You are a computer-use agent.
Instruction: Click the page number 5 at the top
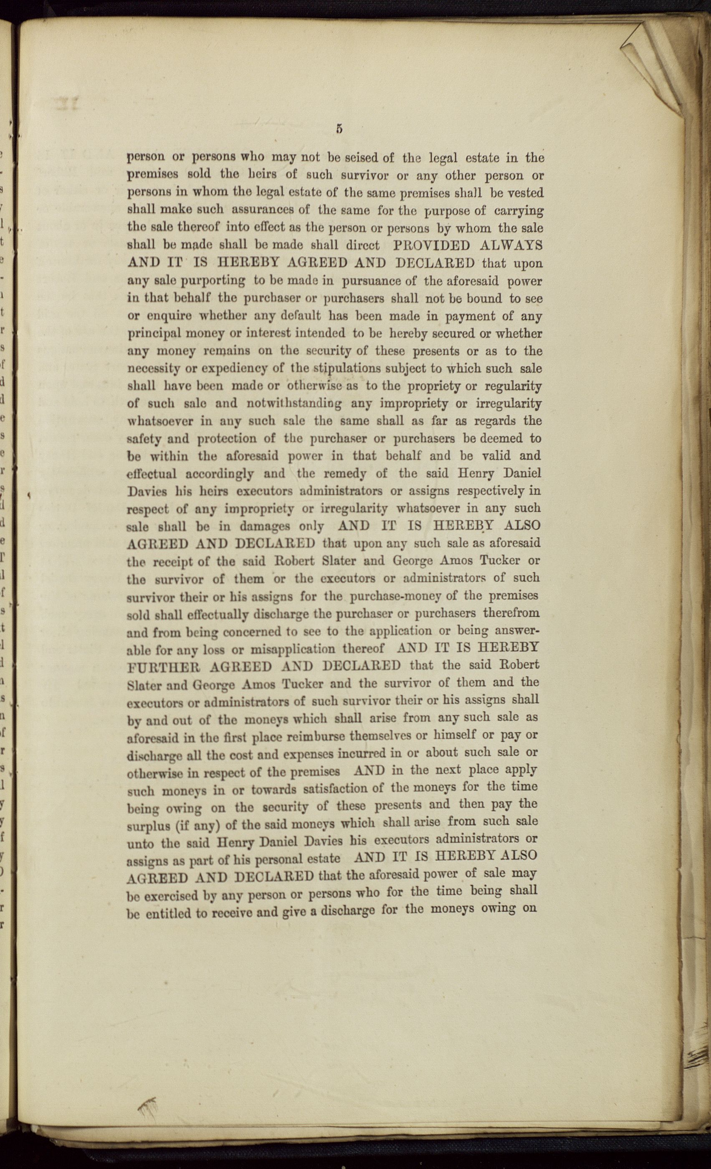coord(339,129)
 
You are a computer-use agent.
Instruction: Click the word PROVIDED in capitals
coord(432,246)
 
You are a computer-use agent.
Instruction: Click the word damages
coord(265,526)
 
